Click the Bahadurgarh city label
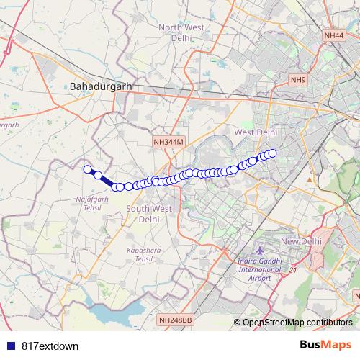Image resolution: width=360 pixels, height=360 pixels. (x=101, y=86)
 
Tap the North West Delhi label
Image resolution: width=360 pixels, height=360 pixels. (x=181, y=33)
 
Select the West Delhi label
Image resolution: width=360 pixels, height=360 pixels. (x=256, y=132)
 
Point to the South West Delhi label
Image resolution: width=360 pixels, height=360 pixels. (x=148, y=214)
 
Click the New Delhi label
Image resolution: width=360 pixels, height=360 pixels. (x=301, y=240)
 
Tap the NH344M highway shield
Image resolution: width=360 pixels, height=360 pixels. (x=168, y=143)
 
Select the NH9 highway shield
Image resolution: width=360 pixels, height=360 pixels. (x=298, y=79)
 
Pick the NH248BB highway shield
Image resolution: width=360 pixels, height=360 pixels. (x=175, y=319)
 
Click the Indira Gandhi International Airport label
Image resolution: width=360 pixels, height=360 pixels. (x=249, y=270)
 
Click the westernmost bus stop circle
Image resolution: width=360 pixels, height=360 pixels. (x=88, y=169)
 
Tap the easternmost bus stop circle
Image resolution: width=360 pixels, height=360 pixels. (x=273, y=153)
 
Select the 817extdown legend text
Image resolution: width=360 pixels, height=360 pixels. (x=50, y=346)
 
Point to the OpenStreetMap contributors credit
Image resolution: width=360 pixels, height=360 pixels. (x=297, y=322)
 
